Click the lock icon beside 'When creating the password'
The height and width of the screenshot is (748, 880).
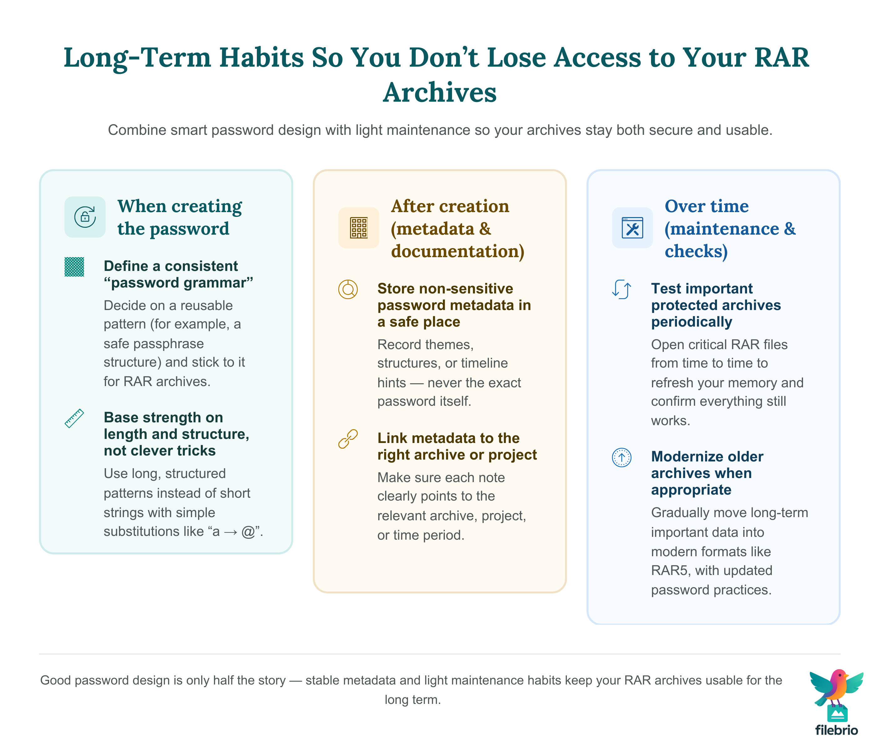point(85,217)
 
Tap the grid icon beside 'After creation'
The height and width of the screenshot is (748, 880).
point(359,228)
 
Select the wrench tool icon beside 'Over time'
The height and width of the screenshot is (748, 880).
point(632,228)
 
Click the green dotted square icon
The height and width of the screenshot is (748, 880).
point(74,267)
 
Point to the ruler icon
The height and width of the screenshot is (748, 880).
point(74,418)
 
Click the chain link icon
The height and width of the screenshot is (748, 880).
point(348,439)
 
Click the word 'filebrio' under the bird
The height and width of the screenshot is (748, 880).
point(836,730)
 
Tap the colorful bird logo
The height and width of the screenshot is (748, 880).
point(836,689)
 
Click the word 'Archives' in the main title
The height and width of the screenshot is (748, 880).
point(439,92)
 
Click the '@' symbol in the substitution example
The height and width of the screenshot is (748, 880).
point(248,531)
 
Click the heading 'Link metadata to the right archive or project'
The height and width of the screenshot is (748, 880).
point(456,446)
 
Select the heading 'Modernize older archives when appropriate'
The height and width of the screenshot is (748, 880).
point(707,473)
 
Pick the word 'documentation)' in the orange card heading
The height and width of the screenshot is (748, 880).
point(457,251)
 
